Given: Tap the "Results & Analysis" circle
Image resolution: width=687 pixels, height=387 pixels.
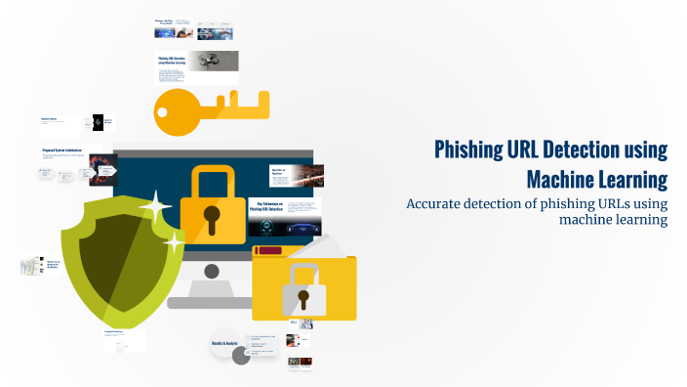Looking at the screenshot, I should pos(224,343).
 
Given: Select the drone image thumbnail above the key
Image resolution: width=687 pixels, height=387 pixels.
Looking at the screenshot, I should pos(213,61).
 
